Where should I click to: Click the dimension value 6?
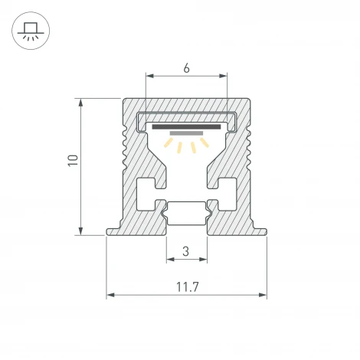186,67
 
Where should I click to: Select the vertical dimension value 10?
73,161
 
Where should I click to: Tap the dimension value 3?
186,250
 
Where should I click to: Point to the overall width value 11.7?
186,287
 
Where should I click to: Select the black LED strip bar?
186,126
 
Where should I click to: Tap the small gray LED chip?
186,133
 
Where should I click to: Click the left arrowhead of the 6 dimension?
149,76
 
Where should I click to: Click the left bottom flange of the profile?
113,231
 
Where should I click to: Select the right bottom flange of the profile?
259,231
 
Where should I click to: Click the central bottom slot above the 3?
186,213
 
